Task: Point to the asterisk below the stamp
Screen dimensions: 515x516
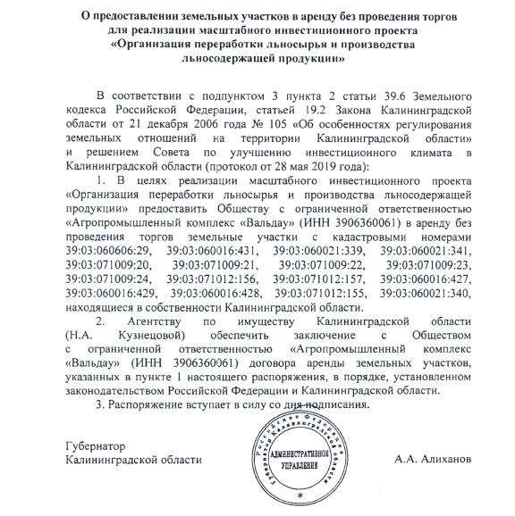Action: click(300, 493)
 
